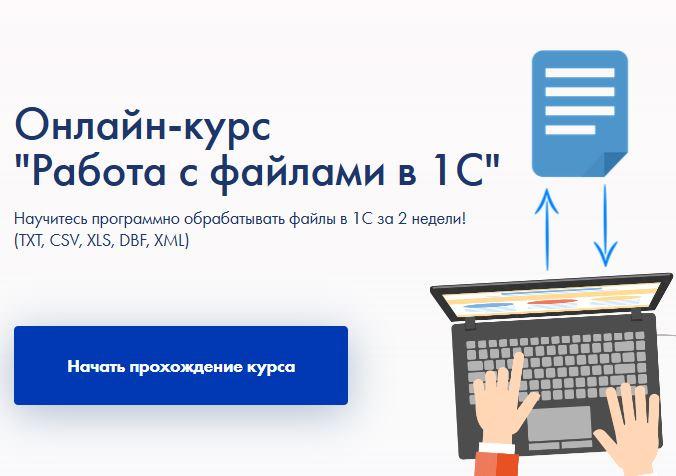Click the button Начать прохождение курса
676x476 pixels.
tap(181, 365)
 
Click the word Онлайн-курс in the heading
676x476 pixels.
tap(143, 125)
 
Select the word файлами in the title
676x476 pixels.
tap(297, 173)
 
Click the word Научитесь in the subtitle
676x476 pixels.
tap(51, 219)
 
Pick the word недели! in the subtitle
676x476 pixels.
tap(439, 219)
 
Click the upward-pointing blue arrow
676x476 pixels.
tap(547, 229)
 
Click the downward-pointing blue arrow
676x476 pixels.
tap(605, 225)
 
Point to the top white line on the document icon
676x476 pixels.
tap(579, 72)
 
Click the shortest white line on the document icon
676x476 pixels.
tap(570, 129)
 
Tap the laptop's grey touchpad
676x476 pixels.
tap(559, 423)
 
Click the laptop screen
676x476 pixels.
tap(551, 298)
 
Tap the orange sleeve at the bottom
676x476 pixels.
tap(497, 463)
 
